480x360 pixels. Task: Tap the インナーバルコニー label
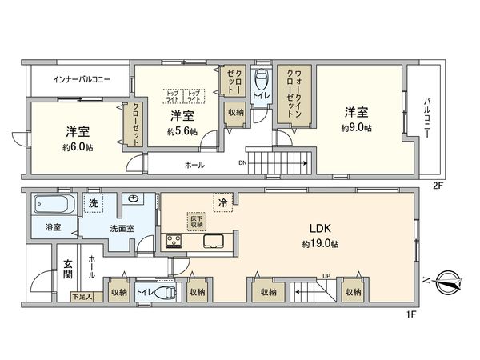coord(81,80)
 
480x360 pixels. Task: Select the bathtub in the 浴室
coord(52,205)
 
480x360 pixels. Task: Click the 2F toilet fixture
coord(261,82)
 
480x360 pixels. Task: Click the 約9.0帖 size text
coord(358,128)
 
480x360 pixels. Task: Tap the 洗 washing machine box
coord(94,203)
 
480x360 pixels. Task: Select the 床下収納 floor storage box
coord(197,221)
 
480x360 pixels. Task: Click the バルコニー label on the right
coord(428,115)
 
